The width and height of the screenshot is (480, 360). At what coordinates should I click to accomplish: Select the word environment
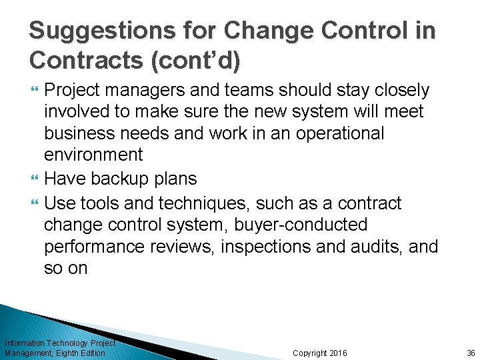(x=93, y=155)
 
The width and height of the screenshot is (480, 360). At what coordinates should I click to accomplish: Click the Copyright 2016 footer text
(x=320, y=353)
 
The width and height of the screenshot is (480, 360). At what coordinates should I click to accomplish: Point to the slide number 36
(x=471, y=353)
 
